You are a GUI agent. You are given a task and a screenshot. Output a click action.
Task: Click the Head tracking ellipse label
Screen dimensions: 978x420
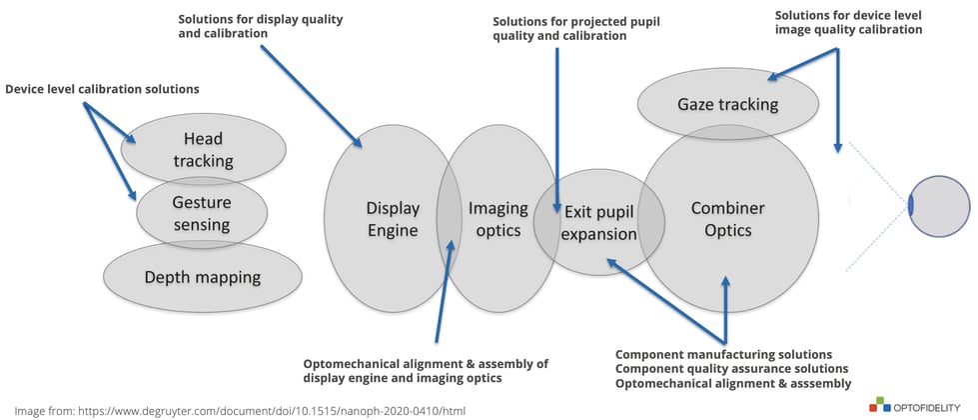(x=204, y=150)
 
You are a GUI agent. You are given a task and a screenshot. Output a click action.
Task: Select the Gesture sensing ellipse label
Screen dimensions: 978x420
(x=202, y=213)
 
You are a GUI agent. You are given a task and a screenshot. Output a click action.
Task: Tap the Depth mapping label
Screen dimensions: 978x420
(x=202, y=276)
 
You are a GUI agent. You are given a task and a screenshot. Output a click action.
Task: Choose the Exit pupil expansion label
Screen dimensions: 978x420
(x=599, y=223)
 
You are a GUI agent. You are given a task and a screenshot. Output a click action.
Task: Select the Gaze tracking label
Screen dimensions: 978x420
(x=728, y=104)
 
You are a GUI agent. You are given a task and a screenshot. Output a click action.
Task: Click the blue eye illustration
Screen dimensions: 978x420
(x=938, y=206)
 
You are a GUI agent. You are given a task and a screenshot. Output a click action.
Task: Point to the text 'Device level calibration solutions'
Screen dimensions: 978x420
(x=102, y=89)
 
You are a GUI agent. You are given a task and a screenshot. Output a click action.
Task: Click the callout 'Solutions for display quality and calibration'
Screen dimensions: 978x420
(x=260, y=26)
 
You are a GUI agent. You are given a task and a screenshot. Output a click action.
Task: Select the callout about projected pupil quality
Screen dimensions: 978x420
(x=576, y=29)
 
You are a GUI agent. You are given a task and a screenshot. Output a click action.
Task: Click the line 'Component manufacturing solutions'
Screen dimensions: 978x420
(x=723, y=354)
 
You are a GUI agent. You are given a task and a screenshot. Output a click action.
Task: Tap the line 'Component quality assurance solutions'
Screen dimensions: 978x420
(x=731, y=369)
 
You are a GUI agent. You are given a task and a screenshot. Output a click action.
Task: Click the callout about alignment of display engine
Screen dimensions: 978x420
(x=426, y=371)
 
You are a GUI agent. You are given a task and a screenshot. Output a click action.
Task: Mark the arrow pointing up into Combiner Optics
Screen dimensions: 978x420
(x=725, y=310)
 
